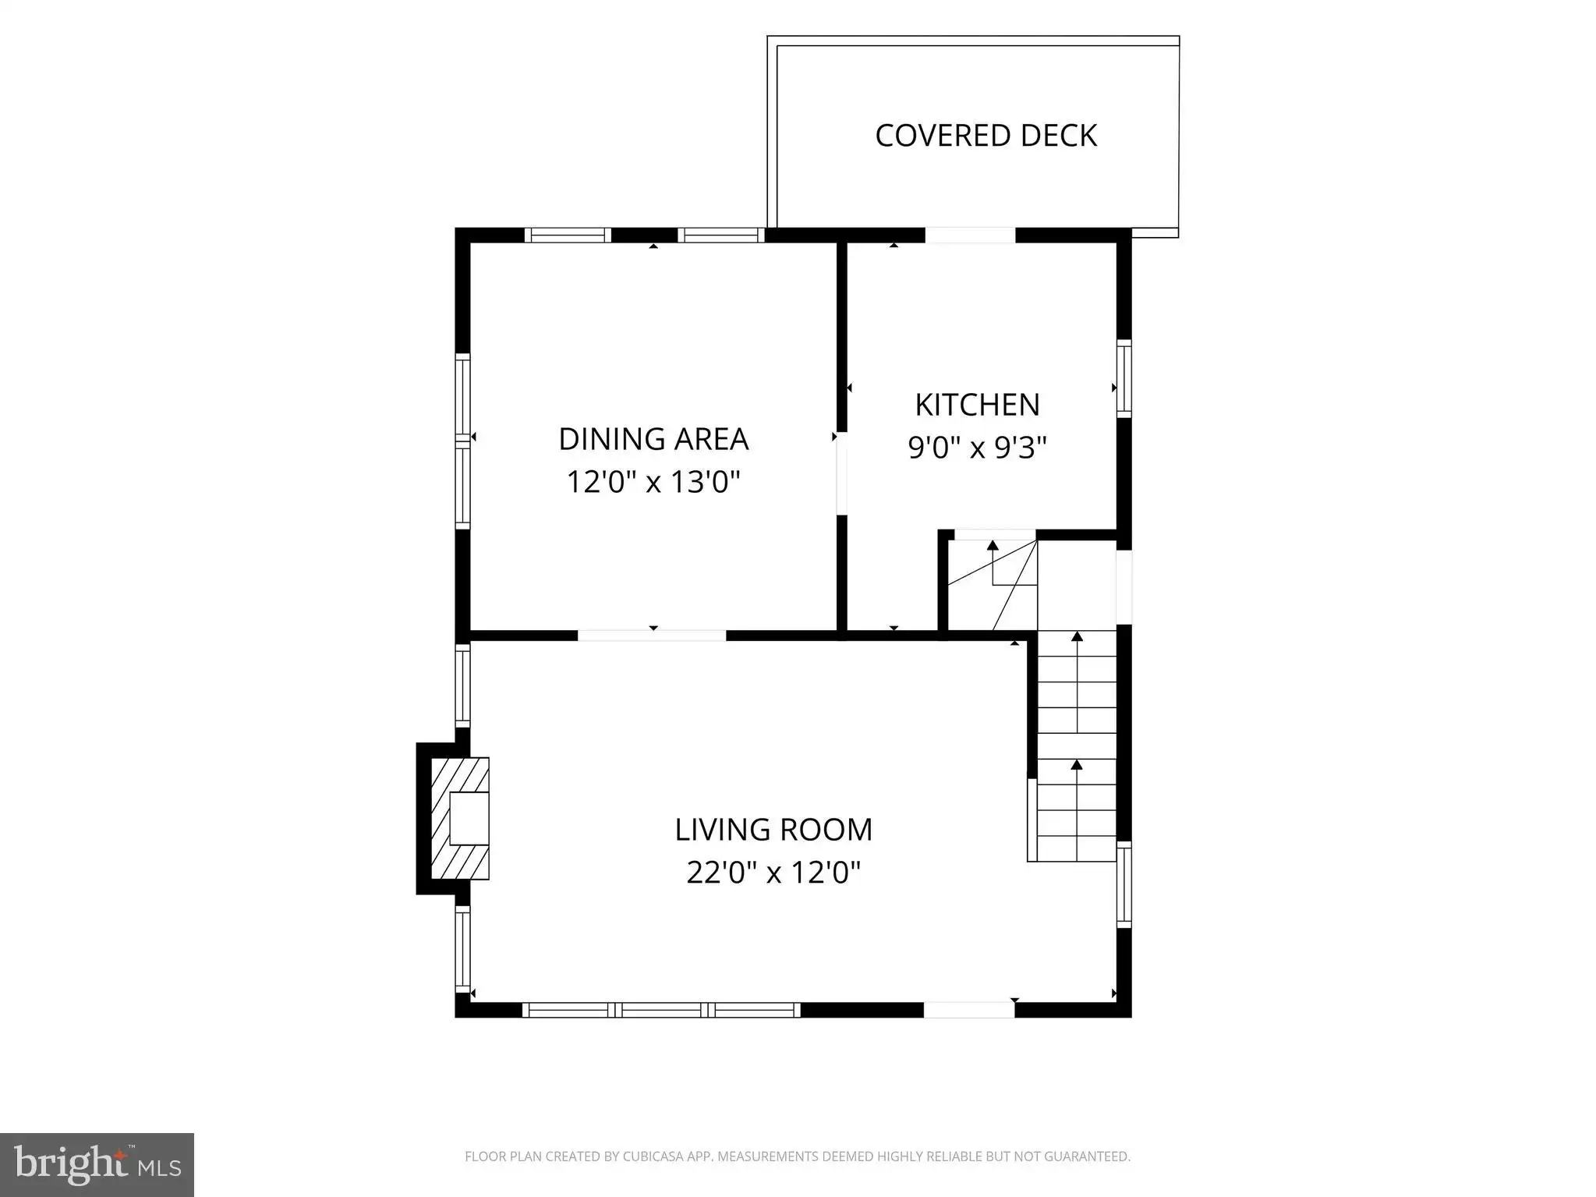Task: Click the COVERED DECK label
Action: click(x=986, y=136)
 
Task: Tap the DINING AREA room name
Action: click(x=653, y=439)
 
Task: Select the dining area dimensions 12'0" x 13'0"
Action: click(x=653, y=481)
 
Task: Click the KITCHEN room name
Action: click(x=977, y=405)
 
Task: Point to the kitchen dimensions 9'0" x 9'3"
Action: click(x=977, y=447)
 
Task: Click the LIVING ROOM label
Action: click(x=773, y=829)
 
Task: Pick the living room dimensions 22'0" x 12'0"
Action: click(x=773, y=872)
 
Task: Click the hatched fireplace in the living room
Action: click(x=460, y=818)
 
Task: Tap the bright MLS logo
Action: click(x=97, y=1165)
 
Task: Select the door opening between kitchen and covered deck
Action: click(x=970, y=235)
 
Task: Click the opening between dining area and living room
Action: click(x=652, y=636)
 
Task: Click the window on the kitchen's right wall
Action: click(x=1124, y=379)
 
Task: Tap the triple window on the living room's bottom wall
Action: click(x=661, y=1010)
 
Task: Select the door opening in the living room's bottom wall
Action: click(x=969, y=1010)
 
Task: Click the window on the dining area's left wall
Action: click(x=462, y=441)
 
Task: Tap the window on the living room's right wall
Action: click(x=1124, y=885)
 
